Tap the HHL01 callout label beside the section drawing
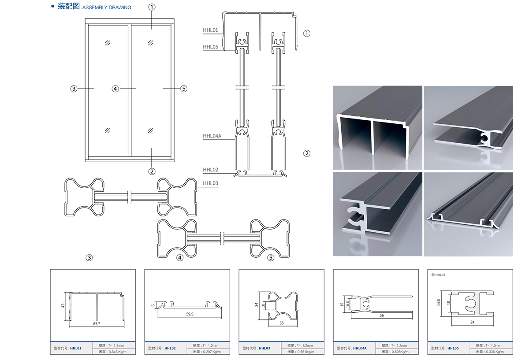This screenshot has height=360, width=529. pyautogui.click(x=210, y=30)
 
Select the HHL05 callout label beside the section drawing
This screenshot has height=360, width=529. pyautogui.click(x=210, y=47)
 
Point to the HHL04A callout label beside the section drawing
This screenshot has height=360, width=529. pyautogui.click(x=212, y=136)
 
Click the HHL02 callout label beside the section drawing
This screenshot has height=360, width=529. pyautogui.click(x=210, y=170)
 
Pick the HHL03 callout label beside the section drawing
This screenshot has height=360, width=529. pyautogui.click(x=210, y=183)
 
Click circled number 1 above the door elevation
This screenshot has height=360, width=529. pyautogui.click(x=151, y=7)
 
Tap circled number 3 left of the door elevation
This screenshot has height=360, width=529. pyautogui.click(x=74, y=89)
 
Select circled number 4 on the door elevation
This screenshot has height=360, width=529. pyautogui.click(x=115, y=89)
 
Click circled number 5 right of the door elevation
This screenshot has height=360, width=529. pyautogui.click(x=184, y=89)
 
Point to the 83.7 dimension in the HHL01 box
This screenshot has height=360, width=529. pyautogui.click(x=97, y=324)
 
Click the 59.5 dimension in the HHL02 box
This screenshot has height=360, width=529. pyautogui.click(x=190, y=314)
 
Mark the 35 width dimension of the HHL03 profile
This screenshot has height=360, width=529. pyautogui.click(x=282, y=323)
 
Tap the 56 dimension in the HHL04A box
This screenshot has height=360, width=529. pyautogui.click(x=382, y=315)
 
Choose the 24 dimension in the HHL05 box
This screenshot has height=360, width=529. pyautogui.click(x=472, y=322)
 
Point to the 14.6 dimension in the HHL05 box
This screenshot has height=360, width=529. pyautogui.click(x=439, y=302)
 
